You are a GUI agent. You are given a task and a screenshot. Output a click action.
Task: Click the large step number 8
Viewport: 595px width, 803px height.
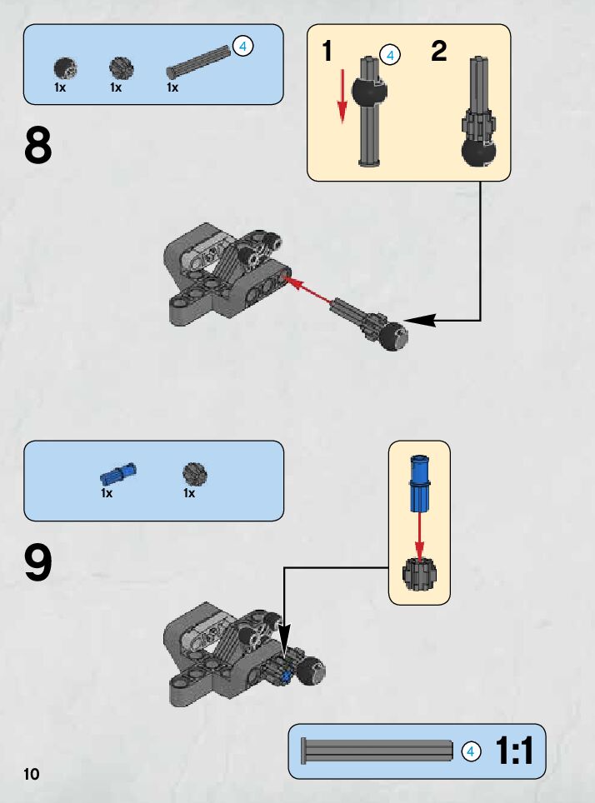38,146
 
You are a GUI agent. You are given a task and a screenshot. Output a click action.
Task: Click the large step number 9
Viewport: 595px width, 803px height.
38,563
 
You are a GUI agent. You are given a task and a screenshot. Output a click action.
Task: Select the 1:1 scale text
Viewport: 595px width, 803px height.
514,751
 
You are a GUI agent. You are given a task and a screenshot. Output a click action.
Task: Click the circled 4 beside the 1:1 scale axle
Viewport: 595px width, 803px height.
471,751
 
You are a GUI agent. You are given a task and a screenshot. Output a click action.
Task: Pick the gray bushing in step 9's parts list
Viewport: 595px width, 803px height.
194,474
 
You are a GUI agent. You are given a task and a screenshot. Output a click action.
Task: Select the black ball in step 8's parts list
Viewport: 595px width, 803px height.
64,68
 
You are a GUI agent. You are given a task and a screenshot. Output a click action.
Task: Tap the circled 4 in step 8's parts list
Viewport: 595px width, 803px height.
242,46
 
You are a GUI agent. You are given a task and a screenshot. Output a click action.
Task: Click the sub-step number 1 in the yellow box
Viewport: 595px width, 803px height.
327,52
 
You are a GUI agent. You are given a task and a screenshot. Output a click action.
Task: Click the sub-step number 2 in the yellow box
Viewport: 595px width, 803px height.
439,52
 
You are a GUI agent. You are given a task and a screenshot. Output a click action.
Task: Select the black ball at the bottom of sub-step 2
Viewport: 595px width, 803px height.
477,154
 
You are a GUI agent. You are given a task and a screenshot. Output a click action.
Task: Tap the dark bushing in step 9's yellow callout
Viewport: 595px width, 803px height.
418,574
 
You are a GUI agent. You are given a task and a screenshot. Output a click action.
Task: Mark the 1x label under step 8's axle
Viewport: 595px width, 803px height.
172,87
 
